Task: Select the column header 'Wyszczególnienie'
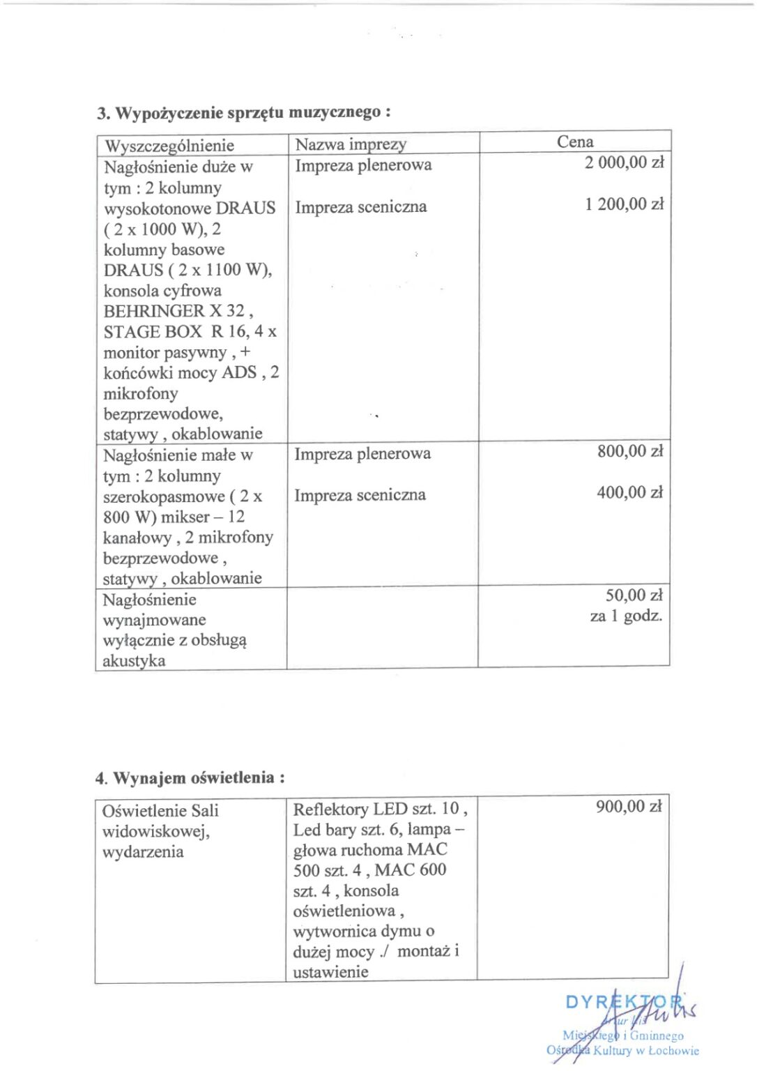tap(169, 146)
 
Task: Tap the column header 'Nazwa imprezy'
tap(351, 144)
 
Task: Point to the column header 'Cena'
tap(575, 142)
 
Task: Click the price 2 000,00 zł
tap(625, 163)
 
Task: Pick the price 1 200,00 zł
tap(625, 204)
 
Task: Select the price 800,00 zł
tap(630, 452)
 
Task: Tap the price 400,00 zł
tap(630, 493)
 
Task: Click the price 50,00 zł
tap(634, 595)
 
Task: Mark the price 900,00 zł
tap(629, 807)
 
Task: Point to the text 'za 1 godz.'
tap(626, 616)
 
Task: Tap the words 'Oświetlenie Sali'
tap(160, 811)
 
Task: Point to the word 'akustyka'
tap(134, 661)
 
